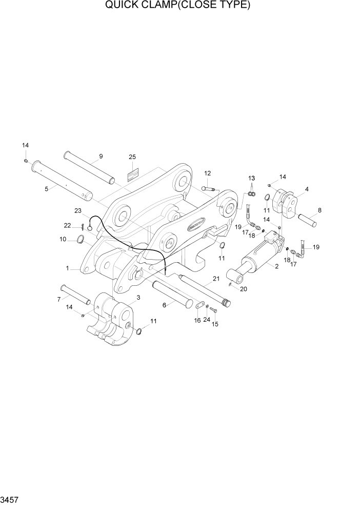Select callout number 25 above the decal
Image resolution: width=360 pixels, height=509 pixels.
(x=132, y=156)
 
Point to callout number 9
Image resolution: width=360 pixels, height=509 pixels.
(x=101, y=156)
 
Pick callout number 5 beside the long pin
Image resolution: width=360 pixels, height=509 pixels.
(x=47, y=189)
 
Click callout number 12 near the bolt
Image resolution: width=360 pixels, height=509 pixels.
(x=208, y=173)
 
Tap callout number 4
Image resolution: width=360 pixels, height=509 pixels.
(x=307, y=189)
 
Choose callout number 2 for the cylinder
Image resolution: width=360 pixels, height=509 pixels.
(x=276, y=266)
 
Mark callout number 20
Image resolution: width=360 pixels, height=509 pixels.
(x=244, y=288)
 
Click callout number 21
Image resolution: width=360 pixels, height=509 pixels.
(x=216, y=279)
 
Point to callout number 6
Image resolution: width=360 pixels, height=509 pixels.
(x=164, y=305)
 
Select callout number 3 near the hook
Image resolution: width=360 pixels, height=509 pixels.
(x=138, y=298)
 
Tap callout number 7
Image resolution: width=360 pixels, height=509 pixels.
(x=59, y=299)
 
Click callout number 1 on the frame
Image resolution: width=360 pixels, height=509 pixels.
(x=67, y=268)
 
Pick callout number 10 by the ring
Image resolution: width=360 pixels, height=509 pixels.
(x=63, y=239)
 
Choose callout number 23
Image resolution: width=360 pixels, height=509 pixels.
(x=78, y=210)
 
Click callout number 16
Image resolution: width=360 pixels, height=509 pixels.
(x=197, y=320)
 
